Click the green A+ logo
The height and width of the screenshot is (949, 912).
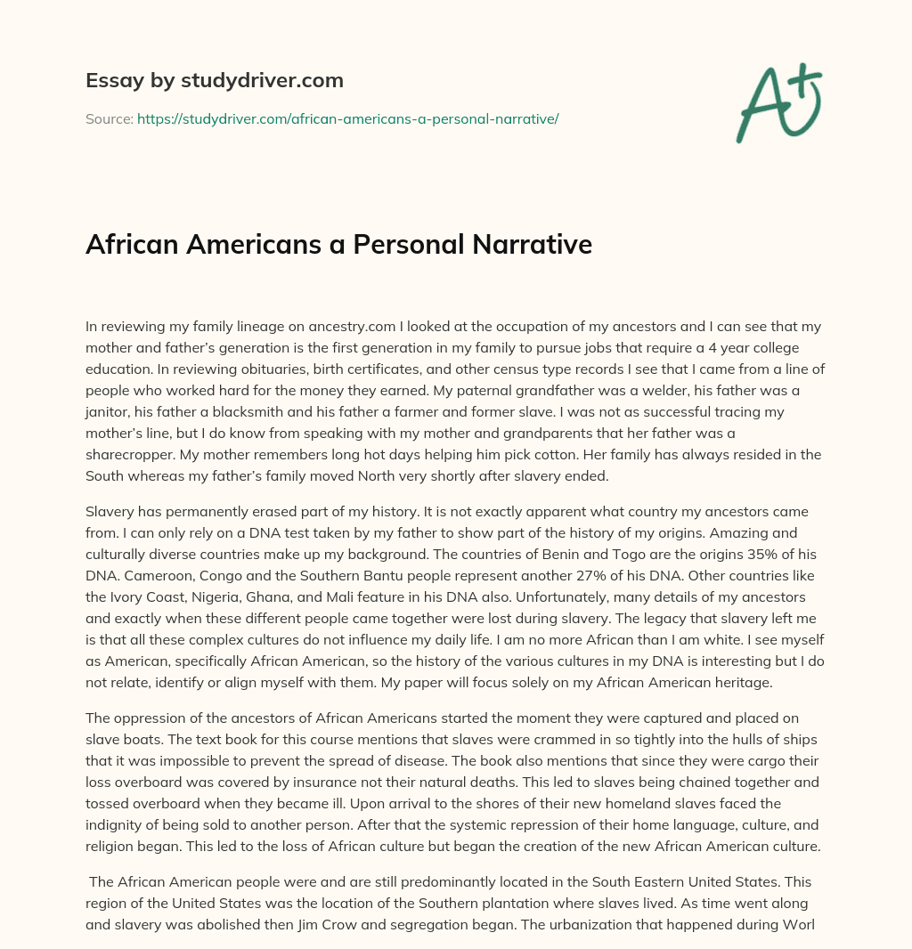coord(778,102)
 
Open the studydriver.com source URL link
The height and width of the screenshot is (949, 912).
coord(347,118)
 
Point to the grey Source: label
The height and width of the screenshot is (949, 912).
coord(109,118)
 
